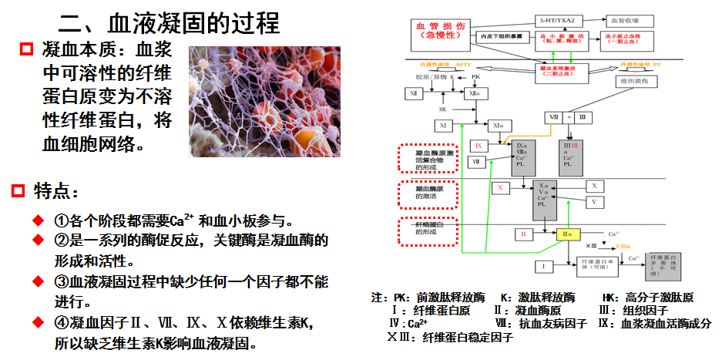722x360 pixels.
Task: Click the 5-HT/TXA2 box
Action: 562,19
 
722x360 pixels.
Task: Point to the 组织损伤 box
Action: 634,82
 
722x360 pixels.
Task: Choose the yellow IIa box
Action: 568,234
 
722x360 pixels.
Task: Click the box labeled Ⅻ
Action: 415,93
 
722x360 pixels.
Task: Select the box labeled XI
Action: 443,126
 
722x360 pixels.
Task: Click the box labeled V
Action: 594,202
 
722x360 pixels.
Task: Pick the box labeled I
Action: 543,267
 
